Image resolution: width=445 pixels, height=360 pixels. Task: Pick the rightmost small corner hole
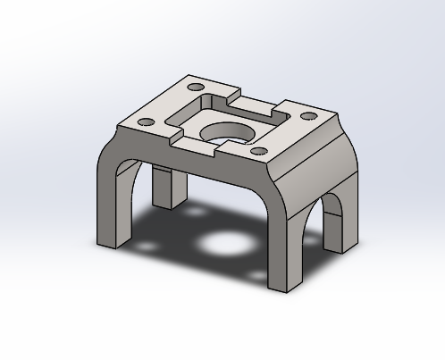pyautogui.click(x=308, y=115)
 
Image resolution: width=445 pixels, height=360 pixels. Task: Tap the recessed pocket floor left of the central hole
pyautogui.click(x=195, y=121)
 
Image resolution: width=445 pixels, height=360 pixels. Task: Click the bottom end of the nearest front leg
pyautogui.click(x=284, y=286)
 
